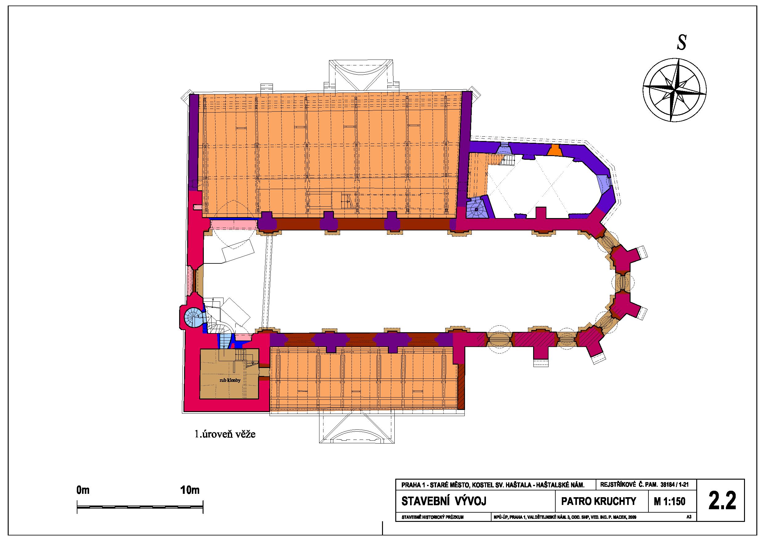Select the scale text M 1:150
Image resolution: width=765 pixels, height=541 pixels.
[x=669, y=501]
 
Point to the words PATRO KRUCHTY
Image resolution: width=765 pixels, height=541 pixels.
[x=598, y=501]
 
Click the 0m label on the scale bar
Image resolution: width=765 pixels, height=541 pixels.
[x=83, y=490]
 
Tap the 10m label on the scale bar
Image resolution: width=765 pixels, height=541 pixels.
[x=190, y=490]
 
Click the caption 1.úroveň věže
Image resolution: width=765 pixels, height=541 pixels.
[x=225, y=435]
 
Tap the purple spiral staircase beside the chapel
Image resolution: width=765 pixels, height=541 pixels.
[x=477, y=209]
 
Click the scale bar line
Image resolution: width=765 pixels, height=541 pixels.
[x=140, y=507]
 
